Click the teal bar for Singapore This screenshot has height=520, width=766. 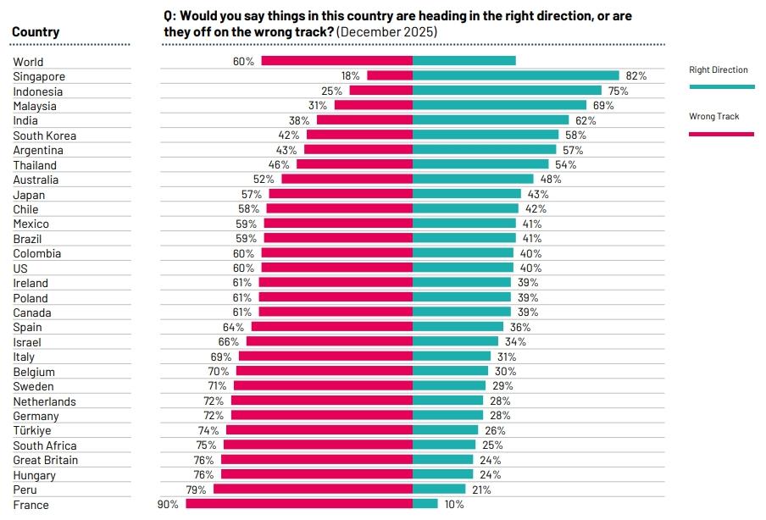point(516,76)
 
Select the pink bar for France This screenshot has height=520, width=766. point(299,504)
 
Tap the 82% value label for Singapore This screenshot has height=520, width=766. point(636,76)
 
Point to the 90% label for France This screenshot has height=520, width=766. point(168,505)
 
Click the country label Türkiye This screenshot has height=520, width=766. point(32,431)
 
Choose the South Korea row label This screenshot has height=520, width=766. point(45,136)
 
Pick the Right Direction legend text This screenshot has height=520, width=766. point(719,70)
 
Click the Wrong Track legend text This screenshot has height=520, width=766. point(714,117)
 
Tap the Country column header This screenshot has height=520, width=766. point(36,32)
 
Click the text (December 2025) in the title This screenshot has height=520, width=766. point(387,32)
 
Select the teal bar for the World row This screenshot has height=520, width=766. point(464,61)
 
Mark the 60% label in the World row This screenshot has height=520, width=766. point(243,62)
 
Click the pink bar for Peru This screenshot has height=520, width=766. point(313,490)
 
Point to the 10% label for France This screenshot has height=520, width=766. point(454,505)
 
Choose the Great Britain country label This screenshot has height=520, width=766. point(46,460)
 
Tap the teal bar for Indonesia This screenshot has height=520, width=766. point(507,91)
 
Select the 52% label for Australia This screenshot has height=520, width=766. point(264,180)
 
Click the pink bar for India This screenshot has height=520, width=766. point(364,120)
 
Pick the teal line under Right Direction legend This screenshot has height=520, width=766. point(722,86)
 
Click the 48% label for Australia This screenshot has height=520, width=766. point(551,180)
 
